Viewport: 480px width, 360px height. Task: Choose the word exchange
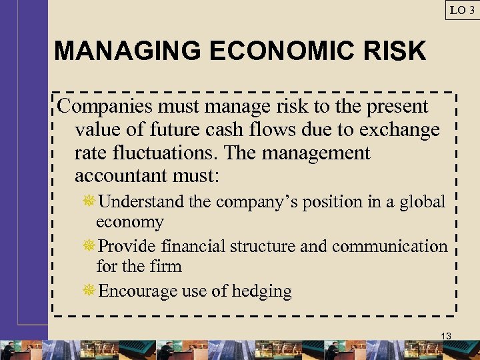(x=400, y=129)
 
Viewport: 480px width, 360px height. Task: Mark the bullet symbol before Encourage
(x=89, y=291)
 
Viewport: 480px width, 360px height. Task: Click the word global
(x=422, y=202)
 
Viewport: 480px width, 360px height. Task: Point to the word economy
(x=129, y=222)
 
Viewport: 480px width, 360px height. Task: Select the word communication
(x=390, y=247)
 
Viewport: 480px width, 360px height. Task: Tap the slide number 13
(x=446, y=336)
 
